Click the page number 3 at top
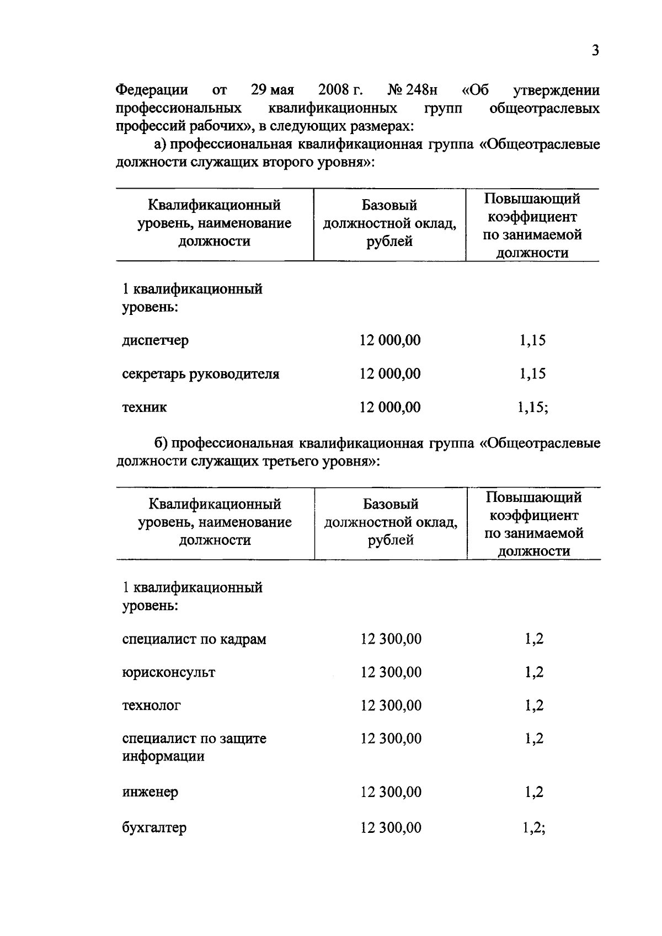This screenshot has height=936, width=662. (x=595, y=51)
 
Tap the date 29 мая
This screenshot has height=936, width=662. (x=272, y=89)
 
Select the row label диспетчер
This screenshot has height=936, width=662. (x=155, y=340)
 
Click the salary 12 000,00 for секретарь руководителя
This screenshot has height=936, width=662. (x=390, y=374)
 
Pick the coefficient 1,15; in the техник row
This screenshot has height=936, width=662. (x=532, y=408)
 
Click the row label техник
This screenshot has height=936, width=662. (x=144, y=408)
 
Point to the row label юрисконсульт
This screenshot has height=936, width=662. (x=168, y=672)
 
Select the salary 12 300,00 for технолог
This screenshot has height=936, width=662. (x=391, y=705)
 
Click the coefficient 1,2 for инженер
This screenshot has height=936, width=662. (x=534, y=792)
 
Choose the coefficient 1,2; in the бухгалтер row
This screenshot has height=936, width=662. (x=534, y=827)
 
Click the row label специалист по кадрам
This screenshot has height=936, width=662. (x=194, y=639)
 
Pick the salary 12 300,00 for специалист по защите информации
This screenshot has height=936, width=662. (x=391, y=739)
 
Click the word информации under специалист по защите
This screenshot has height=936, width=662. (x=163, y=756)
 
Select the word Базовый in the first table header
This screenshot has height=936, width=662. (x=389, y=206)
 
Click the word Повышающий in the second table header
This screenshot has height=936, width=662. (x=533, y=498)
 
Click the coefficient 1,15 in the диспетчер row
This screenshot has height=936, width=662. (x=532, y=340)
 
